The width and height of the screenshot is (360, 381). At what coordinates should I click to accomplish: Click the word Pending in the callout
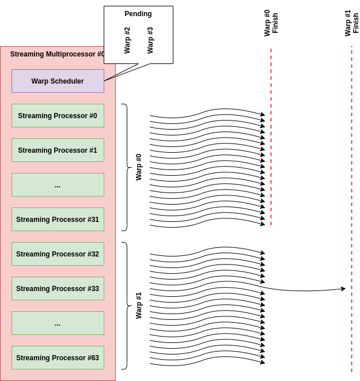tap(138, 14)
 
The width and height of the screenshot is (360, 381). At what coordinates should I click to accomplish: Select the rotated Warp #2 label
tap(127, 40)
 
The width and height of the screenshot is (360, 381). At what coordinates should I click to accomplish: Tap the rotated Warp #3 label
tap(150, 40)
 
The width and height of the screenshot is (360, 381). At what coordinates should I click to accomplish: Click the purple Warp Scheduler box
tap(58, 81)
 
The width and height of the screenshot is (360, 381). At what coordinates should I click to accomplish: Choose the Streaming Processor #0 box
tap(58, 116)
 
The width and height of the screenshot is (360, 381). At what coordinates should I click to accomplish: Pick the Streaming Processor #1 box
tap(58, 150)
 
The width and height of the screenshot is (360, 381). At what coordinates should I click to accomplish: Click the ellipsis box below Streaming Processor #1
tap(58, 185)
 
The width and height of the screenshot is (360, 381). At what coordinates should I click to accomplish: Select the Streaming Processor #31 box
tap(58, 220)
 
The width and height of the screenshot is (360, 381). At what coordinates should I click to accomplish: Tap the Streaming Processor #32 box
tap(58, 254)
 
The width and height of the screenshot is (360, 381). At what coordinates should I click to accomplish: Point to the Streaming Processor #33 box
tap(58, 289)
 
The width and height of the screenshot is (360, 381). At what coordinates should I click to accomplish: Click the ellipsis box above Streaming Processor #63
tap(58, 323)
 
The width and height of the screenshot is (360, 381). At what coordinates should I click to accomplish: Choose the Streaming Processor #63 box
tap(58, 358)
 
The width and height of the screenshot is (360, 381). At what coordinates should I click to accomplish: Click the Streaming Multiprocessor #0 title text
tap(57, 54)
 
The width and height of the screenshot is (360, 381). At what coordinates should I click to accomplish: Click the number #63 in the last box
tap(92, 358)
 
